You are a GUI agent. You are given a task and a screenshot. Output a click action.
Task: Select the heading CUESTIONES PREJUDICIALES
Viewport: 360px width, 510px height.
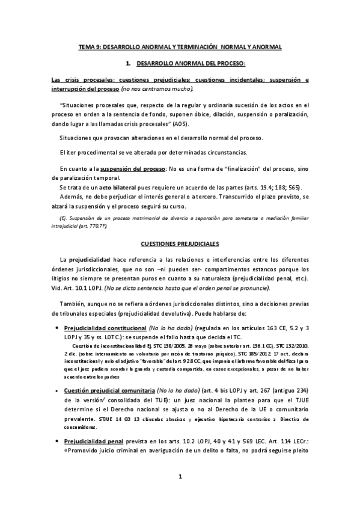pos(180,227)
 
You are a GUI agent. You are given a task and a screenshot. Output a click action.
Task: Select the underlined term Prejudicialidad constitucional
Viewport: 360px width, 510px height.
pos(105,329)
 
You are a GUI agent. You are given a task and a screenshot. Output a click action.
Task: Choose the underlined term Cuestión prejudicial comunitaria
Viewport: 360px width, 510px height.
pos(106,373)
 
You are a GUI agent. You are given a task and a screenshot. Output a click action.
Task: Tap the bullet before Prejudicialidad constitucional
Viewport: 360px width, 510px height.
pos(56,329)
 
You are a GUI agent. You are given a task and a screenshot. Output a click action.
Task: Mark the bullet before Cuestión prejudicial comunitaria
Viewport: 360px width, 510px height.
pos(56,373)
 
